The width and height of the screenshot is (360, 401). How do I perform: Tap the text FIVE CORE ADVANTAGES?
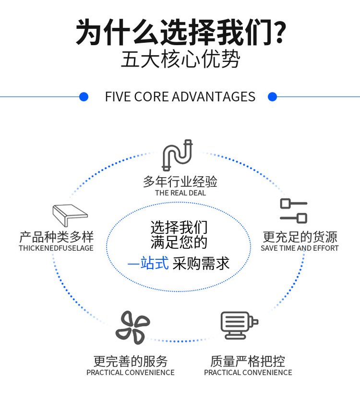point(180,97)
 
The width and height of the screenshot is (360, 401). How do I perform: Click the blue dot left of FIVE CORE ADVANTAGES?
point(84,97)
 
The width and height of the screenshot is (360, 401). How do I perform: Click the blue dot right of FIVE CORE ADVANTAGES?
point(273,97)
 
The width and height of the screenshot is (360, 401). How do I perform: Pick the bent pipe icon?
point(177,154)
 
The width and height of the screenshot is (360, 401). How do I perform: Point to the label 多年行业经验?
point(180,182)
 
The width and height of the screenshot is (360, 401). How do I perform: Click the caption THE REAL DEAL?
point(180,193)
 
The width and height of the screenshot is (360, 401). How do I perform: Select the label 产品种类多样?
point(56,237)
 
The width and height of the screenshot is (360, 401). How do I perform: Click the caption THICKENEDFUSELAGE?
point(56,248)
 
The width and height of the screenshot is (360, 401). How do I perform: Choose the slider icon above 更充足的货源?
point(294,211)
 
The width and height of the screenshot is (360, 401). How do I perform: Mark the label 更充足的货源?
point(300,237)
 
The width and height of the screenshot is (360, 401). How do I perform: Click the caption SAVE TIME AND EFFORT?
point(300,248)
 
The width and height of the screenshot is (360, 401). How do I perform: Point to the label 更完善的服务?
point(131,361)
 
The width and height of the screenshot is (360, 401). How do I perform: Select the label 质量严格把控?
point(248,361)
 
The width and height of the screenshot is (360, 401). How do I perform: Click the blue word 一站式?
point(148,263)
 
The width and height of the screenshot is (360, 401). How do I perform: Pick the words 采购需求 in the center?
point(201,263)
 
